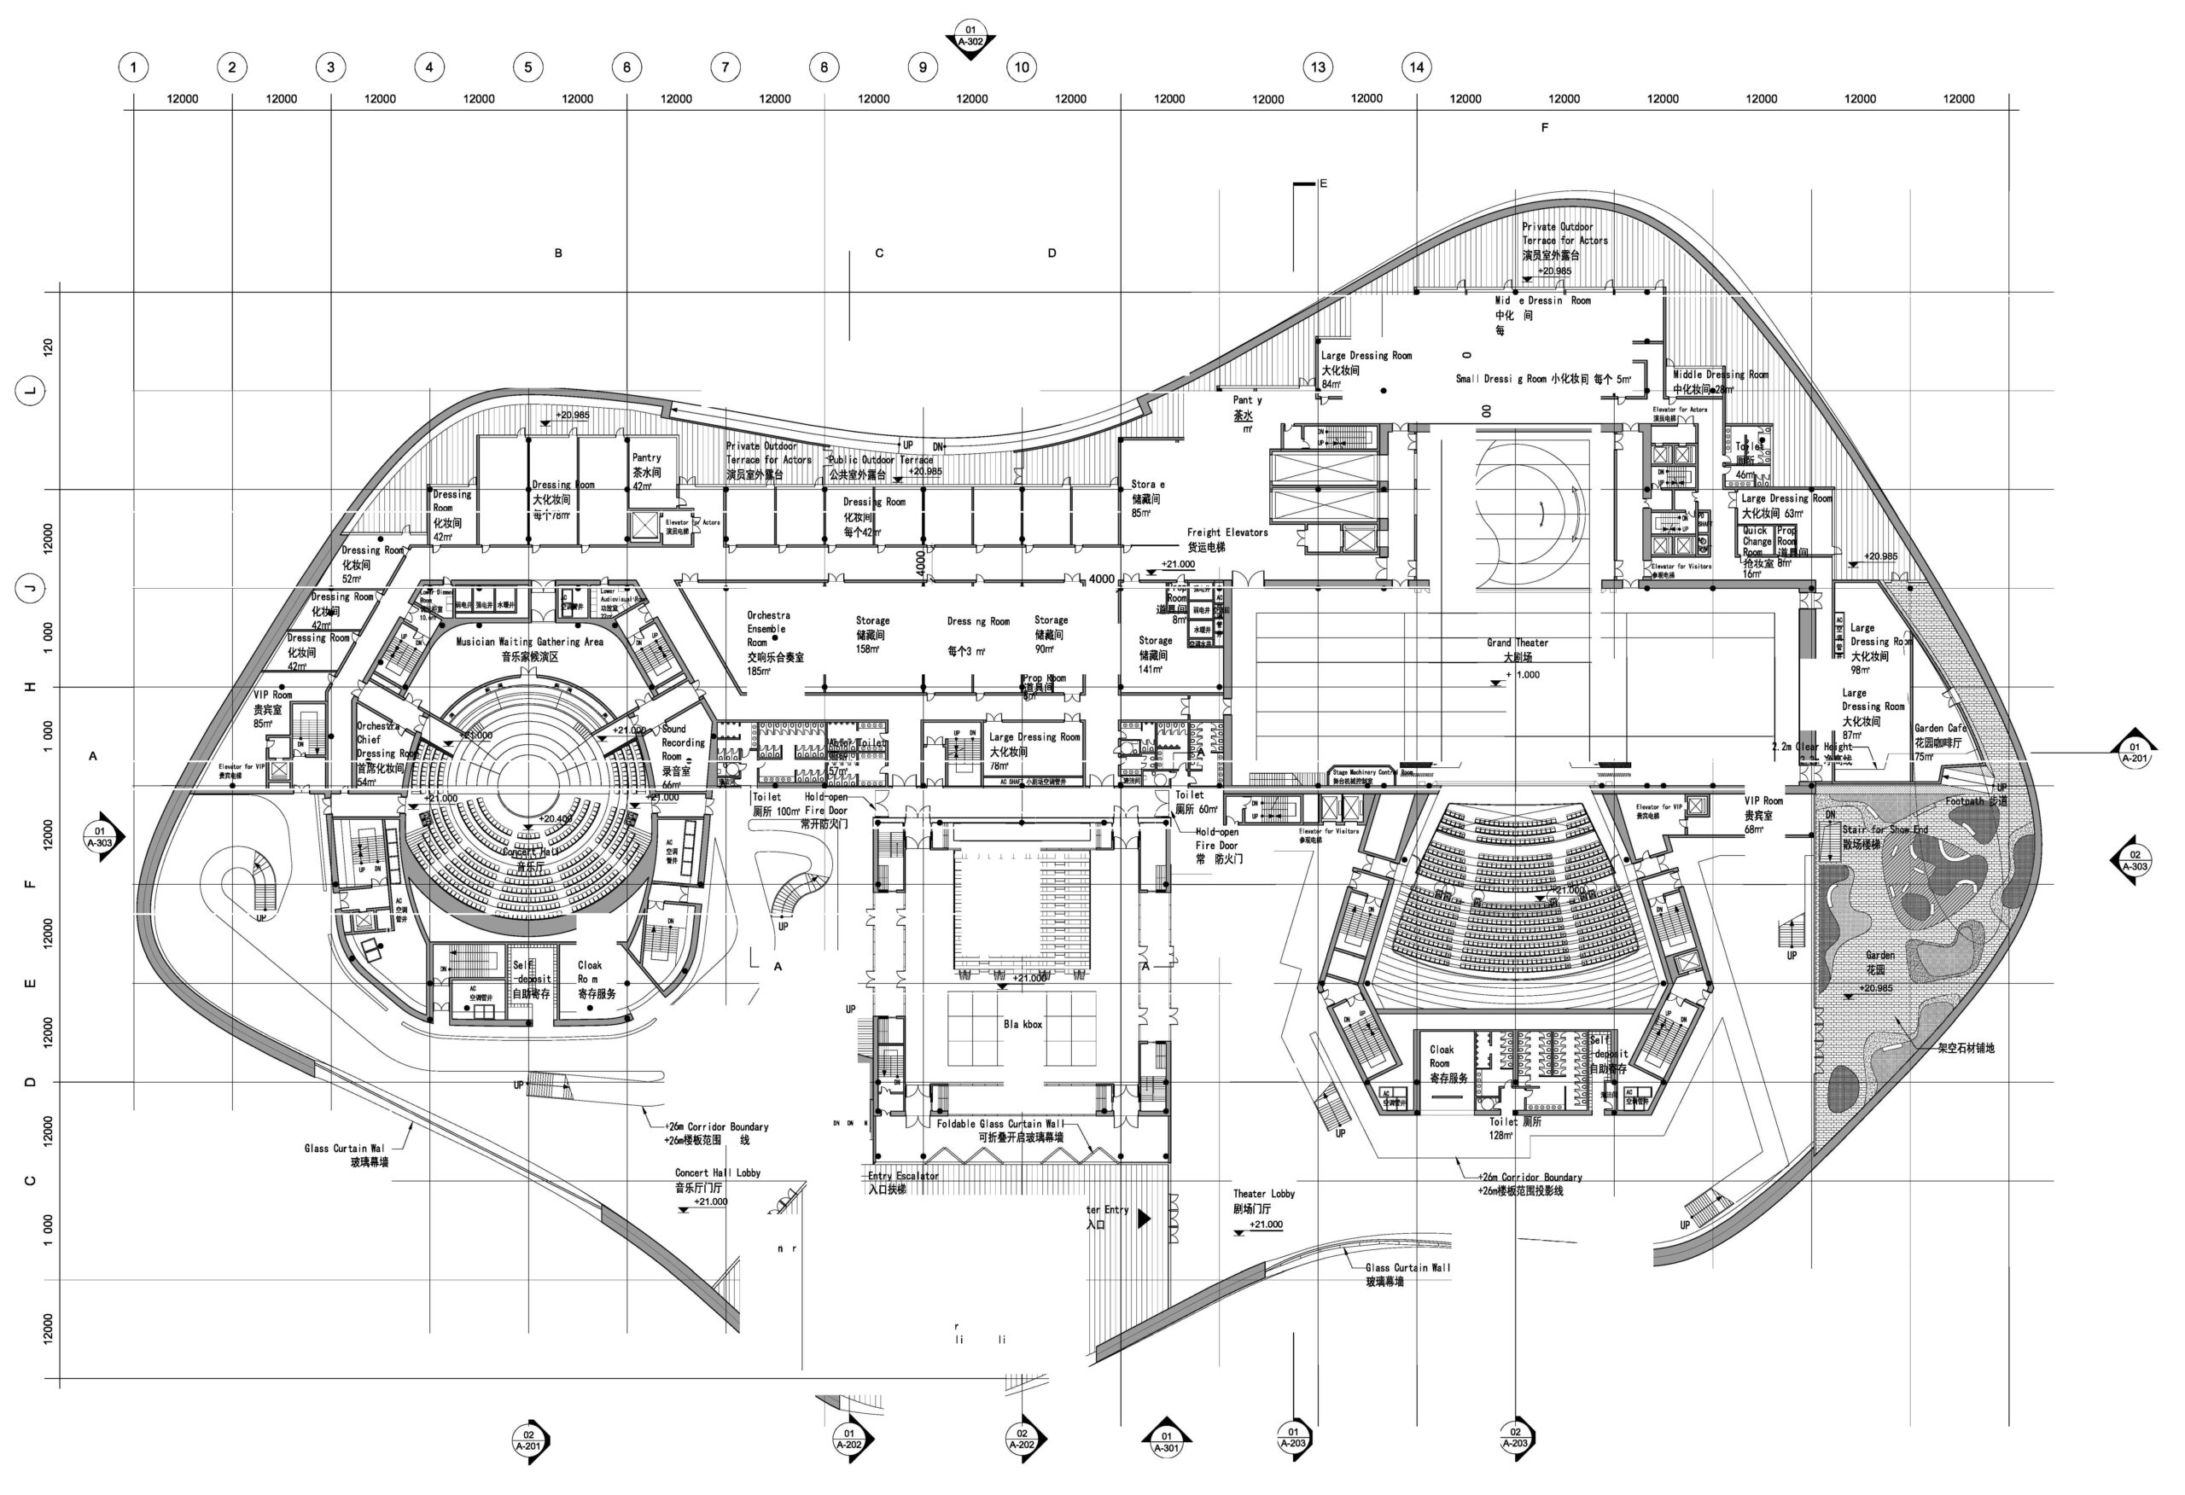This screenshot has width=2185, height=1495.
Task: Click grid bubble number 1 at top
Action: [133, 67]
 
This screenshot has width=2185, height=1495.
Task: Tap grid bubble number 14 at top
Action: [1416, 67]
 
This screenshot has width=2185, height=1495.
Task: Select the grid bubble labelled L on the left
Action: [31, 390]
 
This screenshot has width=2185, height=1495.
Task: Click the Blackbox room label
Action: [1022, 1024]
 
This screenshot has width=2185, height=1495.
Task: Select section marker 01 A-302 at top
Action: [970, 38]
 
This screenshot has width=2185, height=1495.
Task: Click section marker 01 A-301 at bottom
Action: [1166, 1440]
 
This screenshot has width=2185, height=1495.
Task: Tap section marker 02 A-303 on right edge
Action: [2135, 860]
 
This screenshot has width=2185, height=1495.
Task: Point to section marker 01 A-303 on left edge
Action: [100, 837]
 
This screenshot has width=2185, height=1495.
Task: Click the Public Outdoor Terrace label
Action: [880, 461]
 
